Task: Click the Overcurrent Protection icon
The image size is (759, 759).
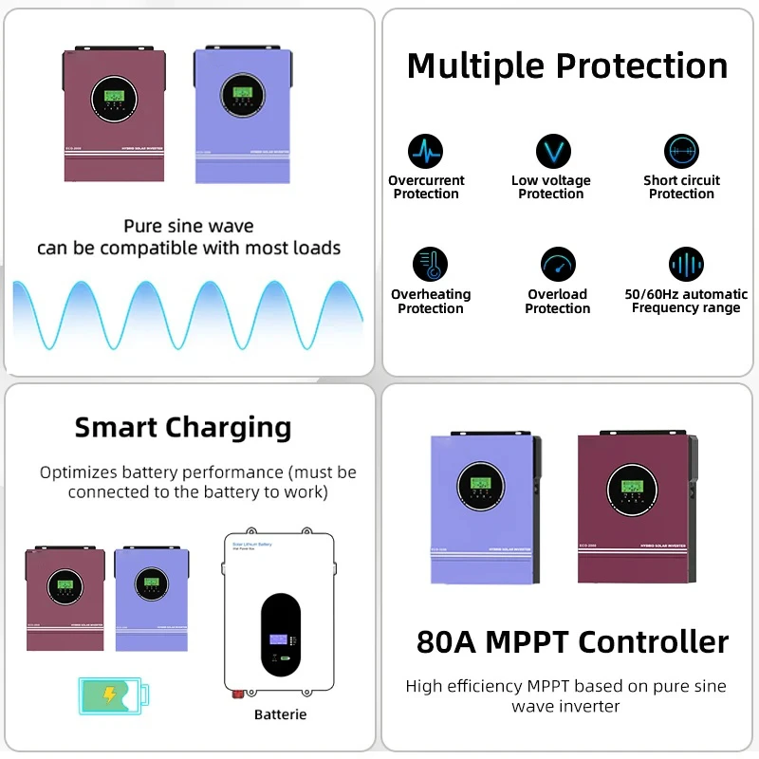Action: click(426, 152)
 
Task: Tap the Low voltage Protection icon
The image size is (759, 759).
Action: click(552, 152)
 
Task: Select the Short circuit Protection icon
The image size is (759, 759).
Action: click(681, 152)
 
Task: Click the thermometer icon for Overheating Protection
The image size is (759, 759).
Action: click(430, 265)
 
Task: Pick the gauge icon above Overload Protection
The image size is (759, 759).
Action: click(558, 265)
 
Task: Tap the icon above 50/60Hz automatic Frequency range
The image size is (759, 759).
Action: click(686, 265)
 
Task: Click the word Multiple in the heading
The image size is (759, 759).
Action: click(475, 66)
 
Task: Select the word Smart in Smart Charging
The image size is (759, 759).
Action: click(115, 427)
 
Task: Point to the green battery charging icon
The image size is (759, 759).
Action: click(110, 694)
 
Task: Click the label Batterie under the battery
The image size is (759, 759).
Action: click(281, 713)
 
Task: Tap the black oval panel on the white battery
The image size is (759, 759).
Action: click(280, 631)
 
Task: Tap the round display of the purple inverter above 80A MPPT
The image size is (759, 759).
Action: click(481, 488)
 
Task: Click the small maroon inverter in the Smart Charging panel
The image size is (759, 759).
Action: click(65, 599)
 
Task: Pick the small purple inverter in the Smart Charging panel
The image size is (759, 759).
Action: click(152, 599)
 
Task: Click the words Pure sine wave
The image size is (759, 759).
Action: click(189, 227)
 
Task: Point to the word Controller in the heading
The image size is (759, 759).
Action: click(654, 642)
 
